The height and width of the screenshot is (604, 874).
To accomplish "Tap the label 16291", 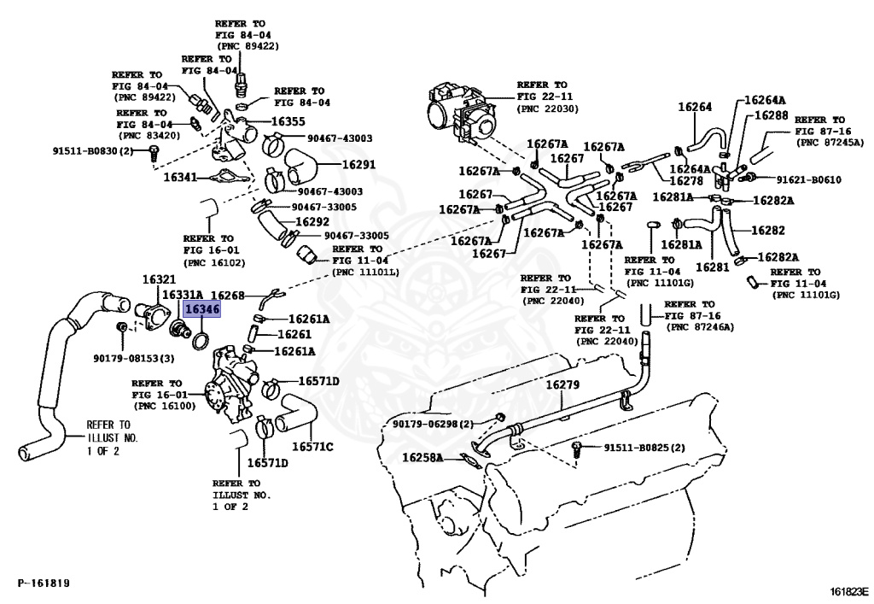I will (x=358, y=165).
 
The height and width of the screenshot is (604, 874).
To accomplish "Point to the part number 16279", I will (x=562, y=385).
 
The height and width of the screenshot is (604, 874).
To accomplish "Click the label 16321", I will (x=159, y=280).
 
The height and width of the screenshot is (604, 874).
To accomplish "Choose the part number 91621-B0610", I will (x=809, y=179).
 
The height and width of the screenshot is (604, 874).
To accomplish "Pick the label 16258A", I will (x=422, y=459).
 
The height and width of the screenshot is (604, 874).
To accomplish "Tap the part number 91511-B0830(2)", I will (x=97, y=151).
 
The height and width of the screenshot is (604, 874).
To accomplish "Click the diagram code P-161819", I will (x=44, y=583).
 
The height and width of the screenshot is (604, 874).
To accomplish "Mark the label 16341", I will (x=180, y=178).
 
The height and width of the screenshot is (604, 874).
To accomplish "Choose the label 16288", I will (x=772, y=114).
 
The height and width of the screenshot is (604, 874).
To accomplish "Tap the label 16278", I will (x=686, y=180).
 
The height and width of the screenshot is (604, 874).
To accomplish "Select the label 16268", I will (x=228, y=296).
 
